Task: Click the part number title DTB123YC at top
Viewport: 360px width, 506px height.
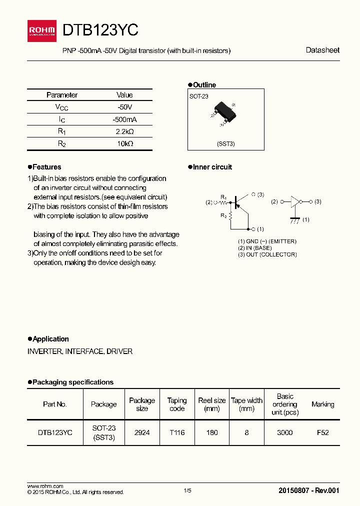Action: tap(100, 30)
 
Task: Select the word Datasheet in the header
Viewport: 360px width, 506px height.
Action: tap(322, 50)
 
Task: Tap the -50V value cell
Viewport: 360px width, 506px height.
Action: tap(124, 107)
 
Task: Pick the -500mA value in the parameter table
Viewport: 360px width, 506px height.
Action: tap(124, 119)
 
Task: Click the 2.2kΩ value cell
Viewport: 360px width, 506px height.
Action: tap(124, 131)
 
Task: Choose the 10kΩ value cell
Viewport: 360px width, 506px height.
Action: tap(124, 143)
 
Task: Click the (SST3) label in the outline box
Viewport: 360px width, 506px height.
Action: tap(225, 143)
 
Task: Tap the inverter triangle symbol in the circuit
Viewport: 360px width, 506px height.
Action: tap(295, 202)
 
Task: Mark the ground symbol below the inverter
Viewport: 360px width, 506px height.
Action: tap(295, 219)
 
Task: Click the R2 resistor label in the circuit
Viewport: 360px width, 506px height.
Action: tap(224, 216)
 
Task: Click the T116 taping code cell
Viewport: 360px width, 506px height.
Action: tap(176, 432)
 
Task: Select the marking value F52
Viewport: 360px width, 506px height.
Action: tap(322, 432)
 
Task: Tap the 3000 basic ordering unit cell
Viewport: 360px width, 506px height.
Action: tap(284, 432)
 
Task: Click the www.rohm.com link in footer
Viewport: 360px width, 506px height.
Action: tap(45, 486)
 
